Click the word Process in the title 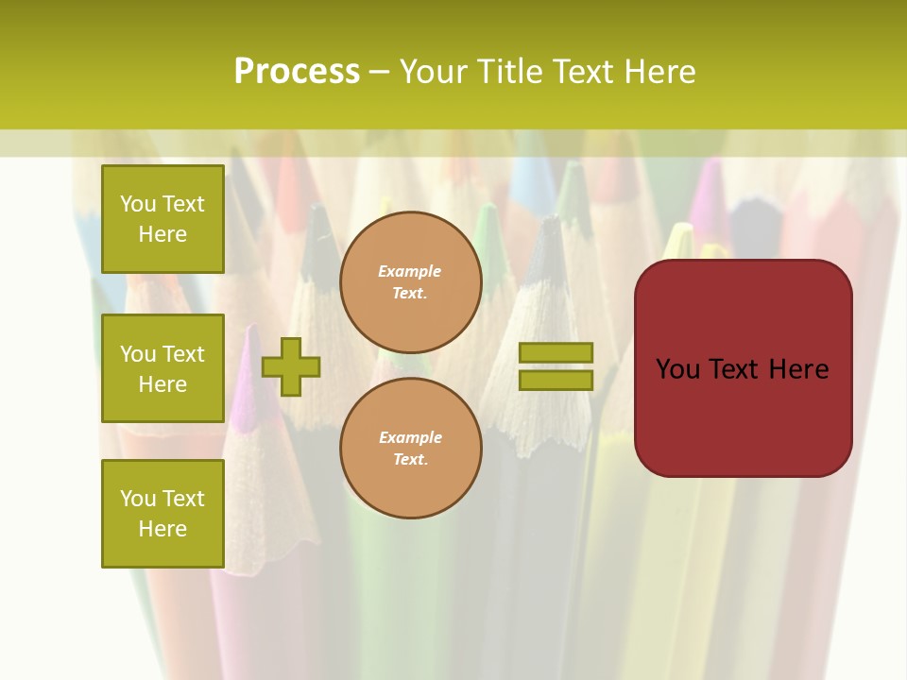[297, 72]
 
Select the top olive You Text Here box [163, 219]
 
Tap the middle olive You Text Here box [163, 368]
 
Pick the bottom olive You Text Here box [163, 514]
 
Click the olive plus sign [290, 366]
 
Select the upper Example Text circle [410, 282]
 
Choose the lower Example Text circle [410, 449]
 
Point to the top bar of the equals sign [556, 353]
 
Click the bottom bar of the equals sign [556, 381]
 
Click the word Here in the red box [798, 369]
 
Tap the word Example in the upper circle [409, 271]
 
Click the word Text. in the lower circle [410, 460]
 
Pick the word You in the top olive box [138, 204]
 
